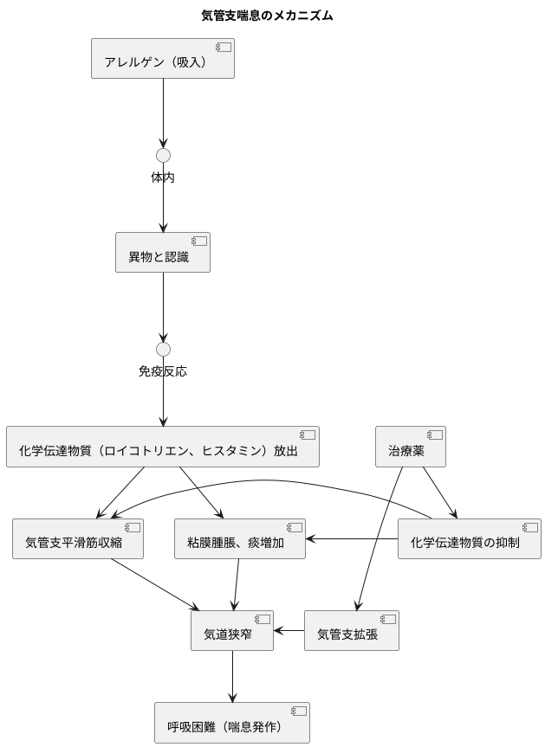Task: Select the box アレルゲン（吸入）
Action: [163, 58]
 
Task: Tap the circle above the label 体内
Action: [163, 155]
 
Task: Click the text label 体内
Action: [163, 177]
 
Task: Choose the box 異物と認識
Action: [163, 252]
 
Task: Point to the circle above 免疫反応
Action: [163, 349]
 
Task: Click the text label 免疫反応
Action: [163, 371]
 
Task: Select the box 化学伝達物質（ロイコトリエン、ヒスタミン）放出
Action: [163, 447]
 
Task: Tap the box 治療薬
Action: [410, 447]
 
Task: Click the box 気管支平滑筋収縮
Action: [77, 539]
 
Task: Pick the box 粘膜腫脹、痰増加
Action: [240, 539]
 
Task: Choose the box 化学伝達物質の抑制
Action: [469, 539]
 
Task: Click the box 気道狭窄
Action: [232, 631]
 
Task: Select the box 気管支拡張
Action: [352, 631]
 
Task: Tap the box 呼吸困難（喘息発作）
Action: [232, 723]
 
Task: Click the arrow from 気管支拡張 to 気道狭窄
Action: [289, 631]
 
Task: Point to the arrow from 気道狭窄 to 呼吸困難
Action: [232, 676]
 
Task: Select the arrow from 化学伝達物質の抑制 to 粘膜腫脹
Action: [352, 539]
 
